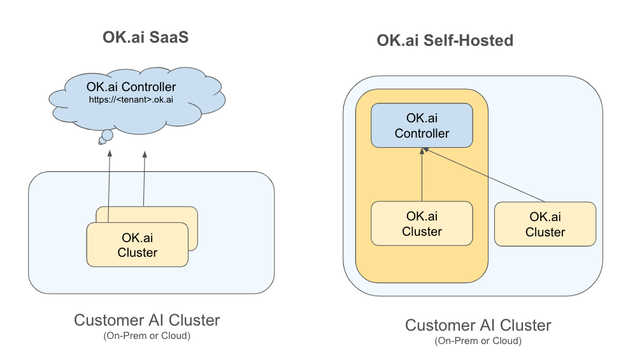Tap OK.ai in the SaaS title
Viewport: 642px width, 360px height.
click(x=122, y=38)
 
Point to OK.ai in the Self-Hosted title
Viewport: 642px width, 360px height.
click(x=397, y=41)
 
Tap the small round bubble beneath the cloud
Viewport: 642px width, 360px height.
click(x=107, y=135)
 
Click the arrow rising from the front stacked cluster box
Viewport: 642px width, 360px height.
click(x=109, y=185)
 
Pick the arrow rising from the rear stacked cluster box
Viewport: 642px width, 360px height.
click(x=144, y=178)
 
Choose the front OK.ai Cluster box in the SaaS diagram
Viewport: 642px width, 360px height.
click(x=138, y=245)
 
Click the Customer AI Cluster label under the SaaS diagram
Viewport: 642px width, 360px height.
click(x=146, y=320)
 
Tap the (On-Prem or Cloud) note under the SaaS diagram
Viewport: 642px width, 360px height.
click(x=146, y=335)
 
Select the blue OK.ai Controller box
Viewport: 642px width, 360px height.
click(x=422, y=126)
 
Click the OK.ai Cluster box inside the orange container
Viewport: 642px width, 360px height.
click(x=422, y=224)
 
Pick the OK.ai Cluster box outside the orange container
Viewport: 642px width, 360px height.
click(x=545, y=224)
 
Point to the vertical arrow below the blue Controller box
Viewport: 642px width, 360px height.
click(x=422, y=175)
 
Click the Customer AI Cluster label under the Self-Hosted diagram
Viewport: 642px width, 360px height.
click(x=478, y=326)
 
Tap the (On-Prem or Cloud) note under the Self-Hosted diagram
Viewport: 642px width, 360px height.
click(x=478, y=341)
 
